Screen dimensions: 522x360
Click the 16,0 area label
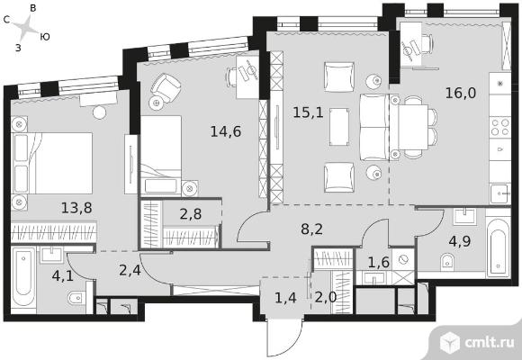coord(461,94)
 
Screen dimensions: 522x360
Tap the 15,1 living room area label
coord(308,112)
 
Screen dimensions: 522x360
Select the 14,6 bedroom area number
coord(226,132)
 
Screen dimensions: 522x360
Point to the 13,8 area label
coord(76,208)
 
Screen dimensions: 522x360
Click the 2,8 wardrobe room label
coord(191,214)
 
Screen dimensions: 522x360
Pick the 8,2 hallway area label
coord(311,229)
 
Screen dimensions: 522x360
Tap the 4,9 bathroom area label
coord(460,241)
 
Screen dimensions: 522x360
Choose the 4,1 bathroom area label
coord(63,276)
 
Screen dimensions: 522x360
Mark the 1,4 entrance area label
coord(285,297)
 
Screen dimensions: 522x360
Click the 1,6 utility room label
coord(379,263)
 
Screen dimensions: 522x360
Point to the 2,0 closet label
coord(326,297)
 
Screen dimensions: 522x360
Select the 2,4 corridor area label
coord(130,270)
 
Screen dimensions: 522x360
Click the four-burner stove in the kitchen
coord(500,127)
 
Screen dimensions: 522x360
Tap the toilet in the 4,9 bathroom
coord(447,262)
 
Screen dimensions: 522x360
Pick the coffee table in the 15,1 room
coord(339,127)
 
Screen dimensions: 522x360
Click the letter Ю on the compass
coord(45,37)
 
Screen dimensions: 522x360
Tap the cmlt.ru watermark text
coord(489,342)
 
